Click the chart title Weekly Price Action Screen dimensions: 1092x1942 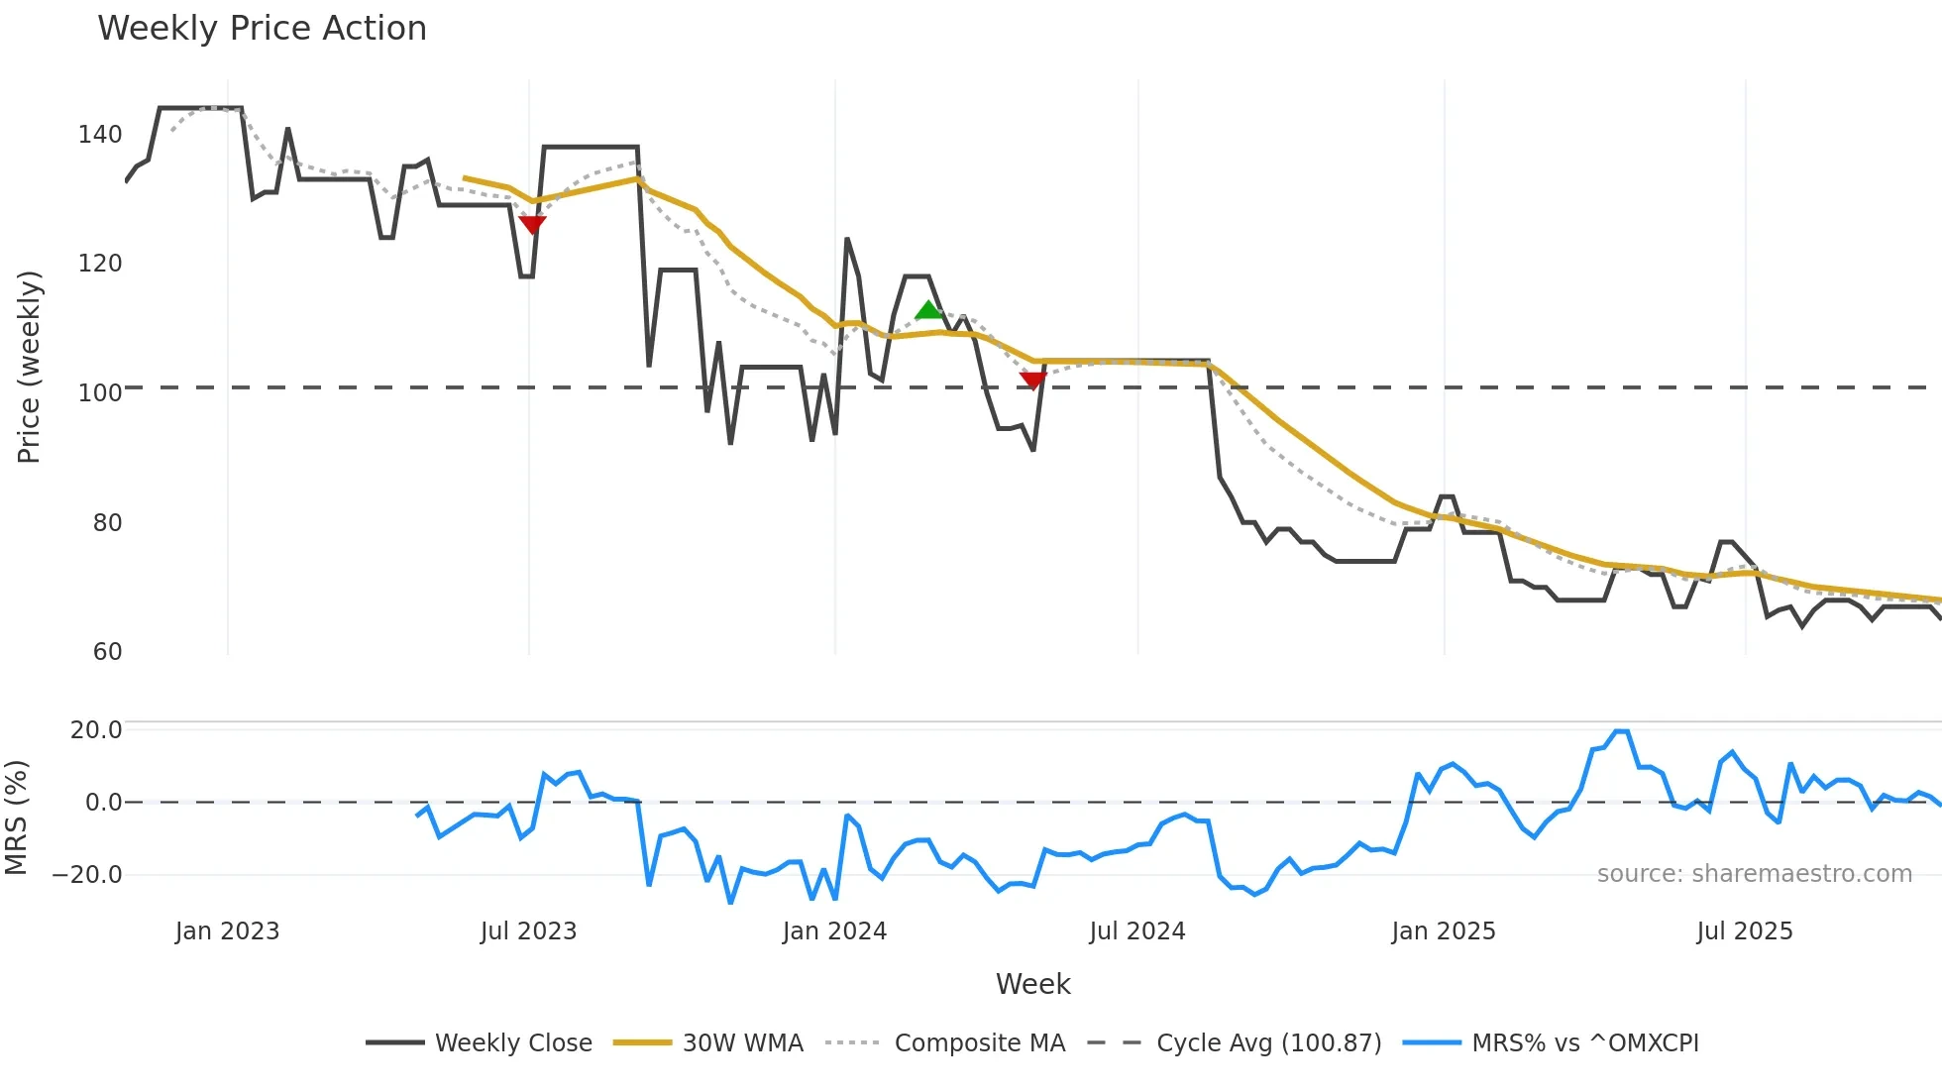click(262, 29)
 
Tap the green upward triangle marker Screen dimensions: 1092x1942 click(927, 311)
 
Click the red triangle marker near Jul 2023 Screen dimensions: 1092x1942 click(532, 225)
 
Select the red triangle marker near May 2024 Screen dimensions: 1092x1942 click(1032, 380)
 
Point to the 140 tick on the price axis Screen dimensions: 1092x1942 click(100, 135)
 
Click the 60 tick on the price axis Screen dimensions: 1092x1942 click(107, 652)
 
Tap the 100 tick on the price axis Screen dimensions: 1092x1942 click(100, 393)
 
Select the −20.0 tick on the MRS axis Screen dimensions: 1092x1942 click(87, 875)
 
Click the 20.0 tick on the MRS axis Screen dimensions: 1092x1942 click(96, 730)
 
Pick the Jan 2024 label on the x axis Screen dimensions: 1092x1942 click(834, 931)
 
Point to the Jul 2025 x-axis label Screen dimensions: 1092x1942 click(1745, 931)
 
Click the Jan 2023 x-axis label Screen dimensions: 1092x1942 click(228, 931)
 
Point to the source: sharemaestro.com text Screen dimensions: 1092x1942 click(1754, 874)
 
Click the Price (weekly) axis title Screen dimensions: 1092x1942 click(29, 367)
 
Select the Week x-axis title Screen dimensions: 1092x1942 click(1032, 984)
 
